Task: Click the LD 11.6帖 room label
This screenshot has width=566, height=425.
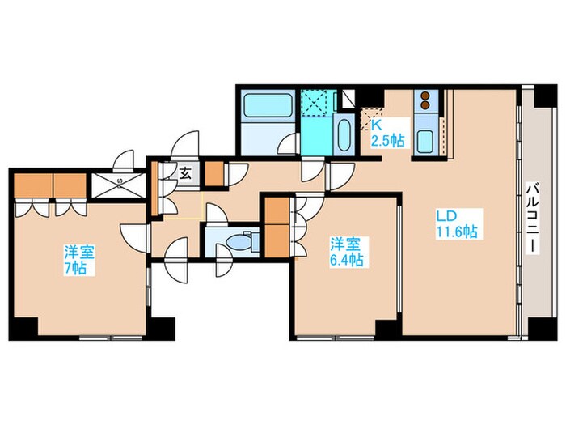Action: point(457,224)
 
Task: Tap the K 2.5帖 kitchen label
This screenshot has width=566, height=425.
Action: point(387,133)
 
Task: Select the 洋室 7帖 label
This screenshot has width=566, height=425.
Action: point(79,260)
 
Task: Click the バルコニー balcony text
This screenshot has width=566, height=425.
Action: point(532,219)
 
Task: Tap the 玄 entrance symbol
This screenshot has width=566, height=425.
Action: point(185,173)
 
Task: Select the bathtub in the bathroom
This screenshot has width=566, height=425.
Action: point(268,105)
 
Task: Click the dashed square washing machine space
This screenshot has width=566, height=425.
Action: point(314,103)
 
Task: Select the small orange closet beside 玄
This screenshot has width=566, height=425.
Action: point(214,174)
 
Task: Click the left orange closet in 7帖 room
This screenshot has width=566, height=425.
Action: point(34,185)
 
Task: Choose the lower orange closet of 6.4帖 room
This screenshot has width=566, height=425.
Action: point(277,240)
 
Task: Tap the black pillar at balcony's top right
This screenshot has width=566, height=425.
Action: point(545,96)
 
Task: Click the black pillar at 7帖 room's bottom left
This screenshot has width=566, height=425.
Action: point(23,329)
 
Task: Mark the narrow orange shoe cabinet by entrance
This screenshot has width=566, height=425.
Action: point(154,189)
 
